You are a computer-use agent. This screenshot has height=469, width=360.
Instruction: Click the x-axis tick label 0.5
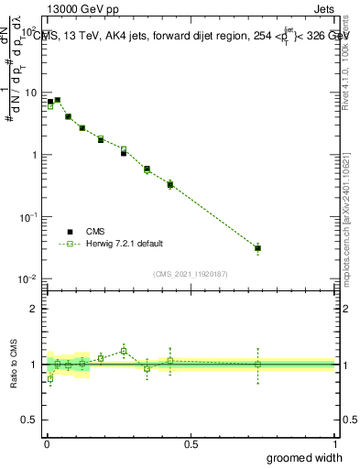(191, 443)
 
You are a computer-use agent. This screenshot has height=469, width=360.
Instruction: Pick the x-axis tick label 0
(46, 443)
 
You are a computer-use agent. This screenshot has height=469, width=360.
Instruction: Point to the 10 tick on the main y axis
(29, 93)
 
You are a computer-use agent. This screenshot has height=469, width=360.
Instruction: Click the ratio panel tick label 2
(33, 309)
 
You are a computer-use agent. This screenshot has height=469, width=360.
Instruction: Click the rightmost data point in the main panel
(258, 248)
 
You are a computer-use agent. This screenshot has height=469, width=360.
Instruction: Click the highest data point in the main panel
(57, 100)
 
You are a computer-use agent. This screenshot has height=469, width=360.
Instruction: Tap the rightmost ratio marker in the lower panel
(258, 365)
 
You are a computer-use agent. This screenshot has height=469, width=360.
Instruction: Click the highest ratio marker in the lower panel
(124, 351)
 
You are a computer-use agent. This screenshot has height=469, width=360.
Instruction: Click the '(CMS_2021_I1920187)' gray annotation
(190, 273)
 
